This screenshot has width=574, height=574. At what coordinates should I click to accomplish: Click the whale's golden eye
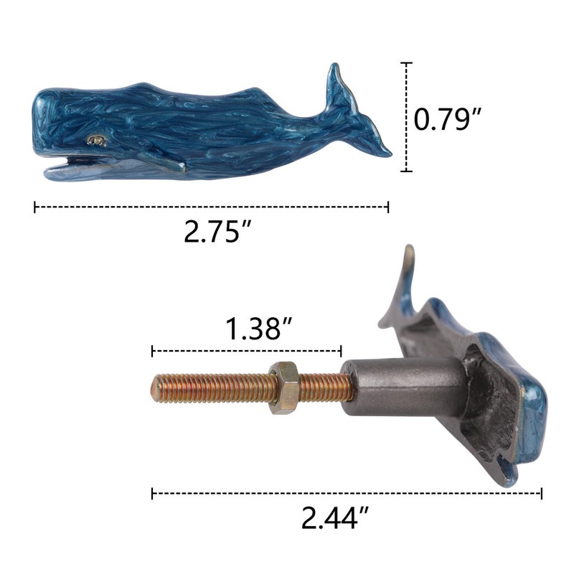97,141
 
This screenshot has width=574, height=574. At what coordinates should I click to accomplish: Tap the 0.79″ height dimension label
448,119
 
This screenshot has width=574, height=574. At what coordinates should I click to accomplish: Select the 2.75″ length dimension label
217,231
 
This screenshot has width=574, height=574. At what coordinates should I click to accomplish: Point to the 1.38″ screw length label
258,329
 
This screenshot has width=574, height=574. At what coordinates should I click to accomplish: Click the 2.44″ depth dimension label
335,517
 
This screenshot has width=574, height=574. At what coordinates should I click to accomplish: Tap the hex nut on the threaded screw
284,387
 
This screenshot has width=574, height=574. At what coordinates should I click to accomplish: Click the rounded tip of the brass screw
154,389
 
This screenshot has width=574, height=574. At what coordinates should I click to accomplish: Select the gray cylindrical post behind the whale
403,387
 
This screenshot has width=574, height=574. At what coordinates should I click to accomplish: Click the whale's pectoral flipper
163,162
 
